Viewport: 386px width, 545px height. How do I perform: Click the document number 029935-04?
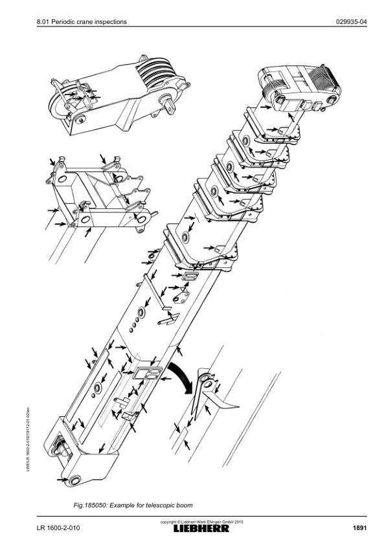click(351, 21)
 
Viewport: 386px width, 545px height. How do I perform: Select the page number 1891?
click(359, 528)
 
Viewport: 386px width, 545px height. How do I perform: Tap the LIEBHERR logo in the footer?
click(201, 528)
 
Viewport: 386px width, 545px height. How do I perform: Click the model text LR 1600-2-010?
click(58, 528)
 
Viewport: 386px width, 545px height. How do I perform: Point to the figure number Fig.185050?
click(90, 505)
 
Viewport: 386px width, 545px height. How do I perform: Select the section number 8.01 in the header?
click(43, 21)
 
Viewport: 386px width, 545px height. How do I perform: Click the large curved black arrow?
click(181, 375)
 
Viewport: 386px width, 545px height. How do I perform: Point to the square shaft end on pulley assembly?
click(170, 107)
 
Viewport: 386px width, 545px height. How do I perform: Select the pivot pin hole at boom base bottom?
click(74, 481)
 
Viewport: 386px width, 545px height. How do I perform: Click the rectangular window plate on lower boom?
click(148, 373)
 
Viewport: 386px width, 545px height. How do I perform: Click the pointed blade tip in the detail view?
click(239, 406)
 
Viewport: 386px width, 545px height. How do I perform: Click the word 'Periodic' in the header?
click(63, 21)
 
